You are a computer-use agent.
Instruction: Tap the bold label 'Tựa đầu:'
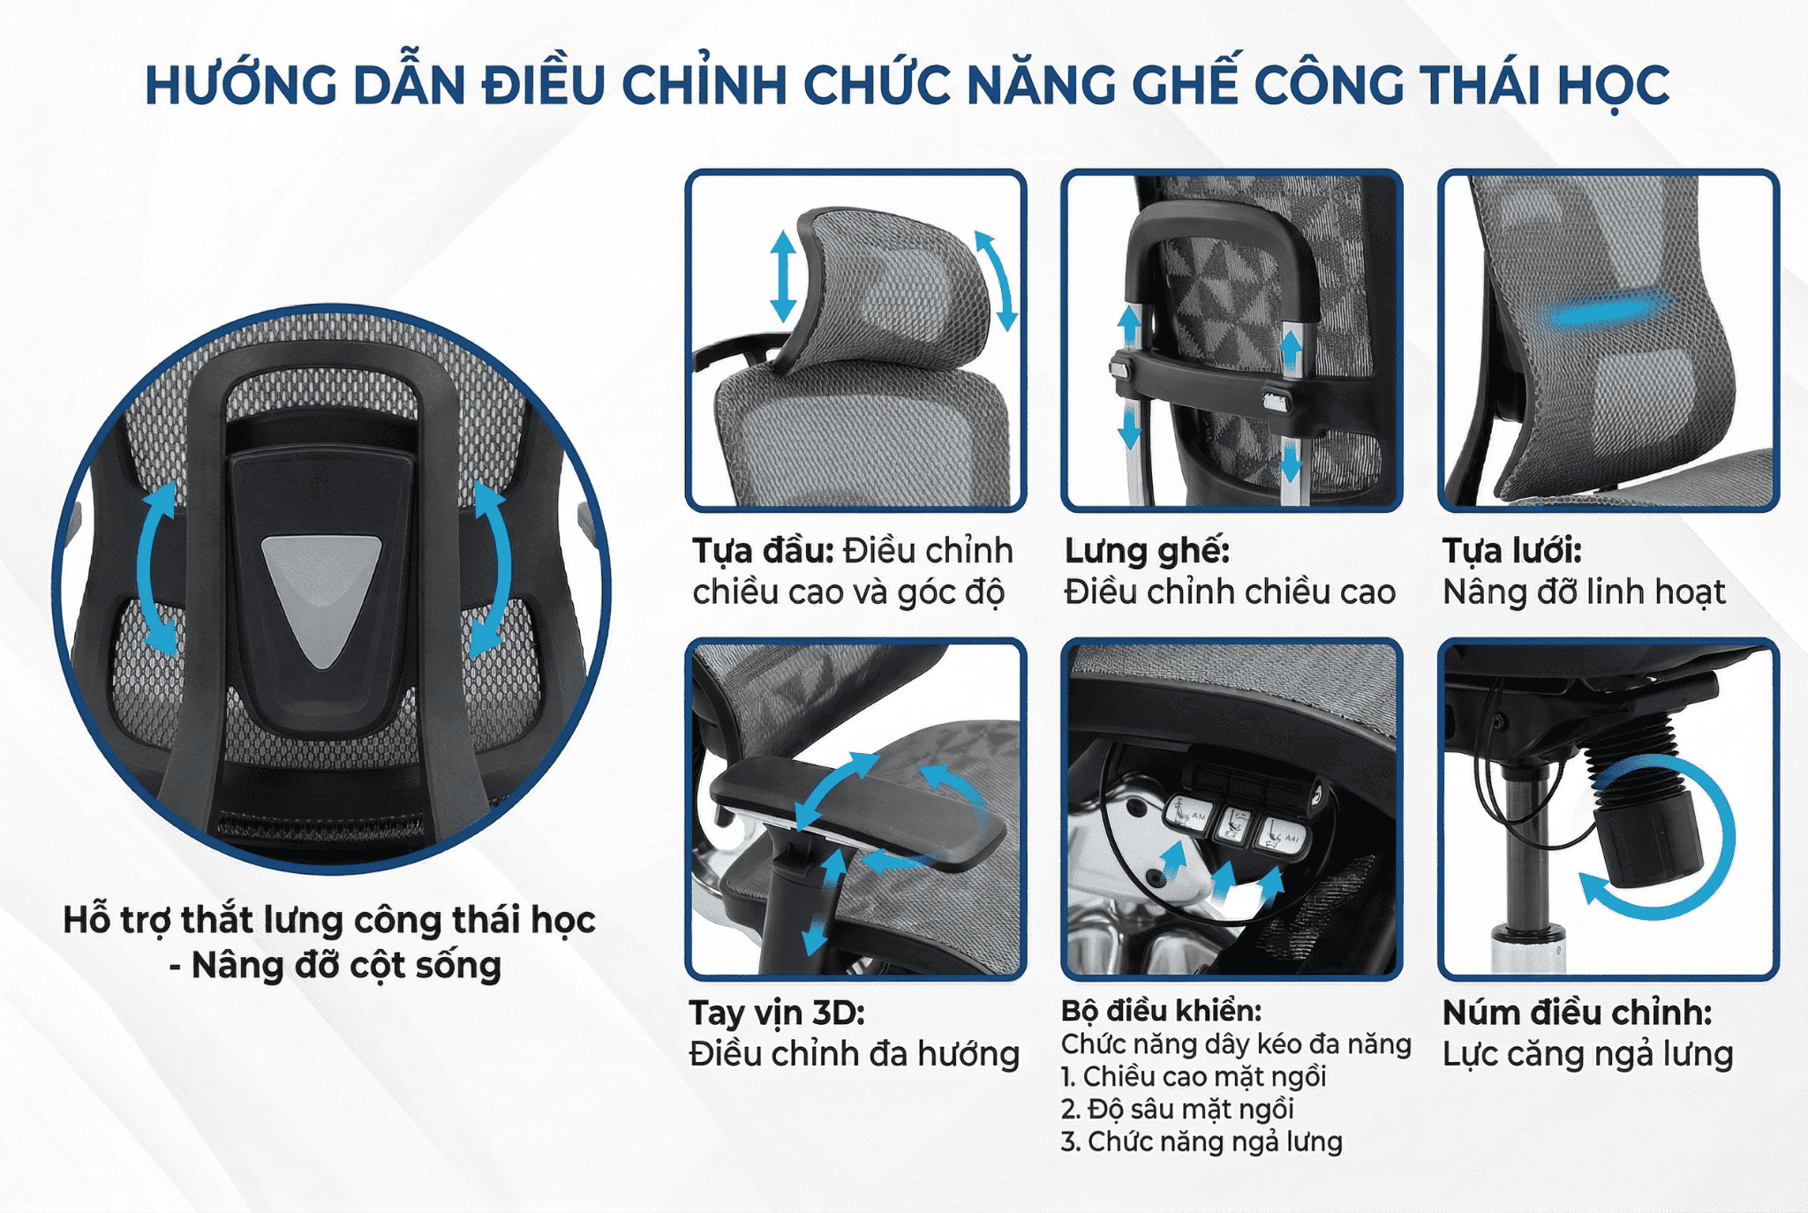pos(763,551)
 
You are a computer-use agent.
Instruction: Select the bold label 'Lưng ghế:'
pos(1147,551)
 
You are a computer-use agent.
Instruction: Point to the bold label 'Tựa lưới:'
pos(1511,551)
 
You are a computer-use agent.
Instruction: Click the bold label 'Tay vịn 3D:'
pos(777,1013)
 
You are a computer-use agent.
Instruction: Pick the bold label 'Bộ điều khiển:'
pos(1161,1011)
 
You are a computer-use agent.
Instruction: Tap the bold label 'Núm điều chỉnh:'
pos(1577,1013)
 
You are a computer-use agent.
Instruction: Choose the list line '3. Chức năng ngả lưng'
pos(1202,1142)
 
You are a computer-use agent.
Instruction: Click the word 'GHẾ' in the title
pos(1183,86)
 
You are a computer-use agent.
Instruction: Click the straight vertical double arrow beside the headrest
pos(783,275)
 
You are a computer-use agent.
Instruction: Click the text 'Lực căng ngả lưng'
pos(1587,1054)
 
